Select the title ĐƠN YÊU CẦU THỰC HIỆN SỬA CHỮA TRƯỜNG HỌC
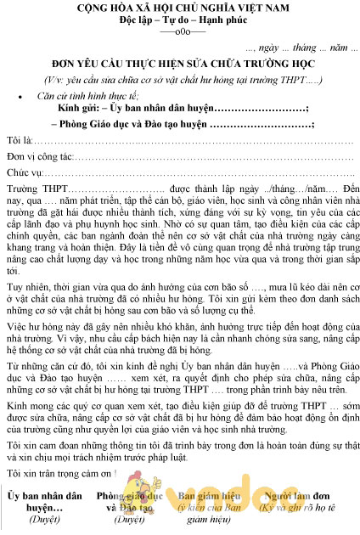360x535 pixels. (180, 63)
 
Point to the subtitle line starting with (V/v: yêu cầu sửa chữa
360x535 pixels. (180, 77)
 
